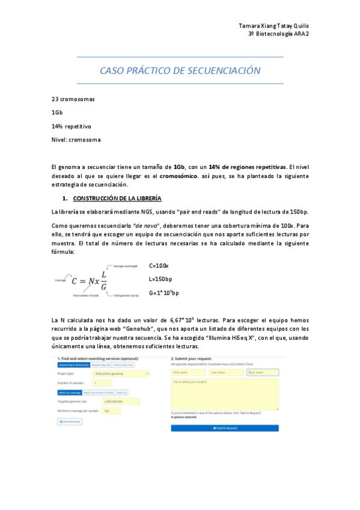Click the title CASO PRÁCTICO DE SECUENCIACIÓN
(180, 71)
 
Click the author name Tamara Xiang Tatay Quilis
(274, 26)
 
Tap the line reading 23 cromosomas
(73, 99)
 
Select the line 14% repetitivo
(71, 126)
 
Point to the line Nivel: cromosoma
(76, 140)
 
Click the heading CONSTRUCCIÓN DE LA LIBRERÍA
(117, 198)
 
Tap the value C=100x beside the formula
(159, 265)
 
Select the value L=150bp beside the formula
(160, 279)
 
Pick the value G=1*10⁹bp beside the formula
(163, 293)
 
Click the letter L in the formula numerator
(104, 274)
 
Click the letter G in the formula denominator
(104, 286)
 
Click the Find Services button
(70, 422)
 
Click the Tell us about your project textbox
(225, 393)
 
